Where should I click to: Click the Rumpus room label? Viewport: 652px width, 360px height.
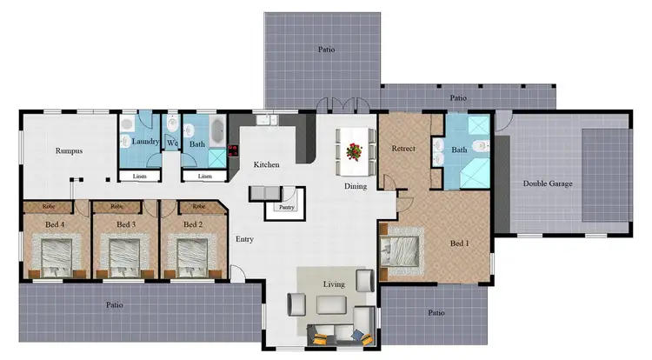(69, 150)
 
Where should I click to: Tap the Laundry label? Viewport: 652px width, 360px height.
(145, 142)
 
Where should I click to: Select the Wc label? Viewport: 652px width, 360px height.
(172, 143)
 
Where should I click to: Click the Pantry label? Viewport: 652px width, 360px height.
(286, 208)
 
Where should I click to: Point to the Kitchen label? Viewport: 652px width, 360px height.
(265, 164)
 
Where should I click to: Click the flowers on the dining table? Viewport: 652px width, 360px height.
(353, 151)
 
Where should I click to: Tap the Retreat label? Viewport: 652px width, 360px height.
(403, 149)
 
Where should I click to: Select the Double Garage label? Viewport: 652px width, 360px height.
(548, 183)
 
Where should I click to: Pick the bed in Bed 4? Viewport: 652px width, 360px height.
(53, 254)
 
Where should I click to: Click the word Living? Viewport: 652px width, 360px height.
(333, 284)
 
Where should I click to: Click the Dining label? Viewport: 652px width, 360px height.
(355, 186)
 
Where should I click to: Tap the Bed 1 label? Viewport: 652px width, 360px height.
(459, 243)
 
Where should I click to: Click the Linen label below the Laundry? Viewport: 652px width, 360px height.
(140, 177)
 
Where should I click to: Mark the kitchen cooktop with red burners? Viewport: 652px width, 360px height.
(233, 150)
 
